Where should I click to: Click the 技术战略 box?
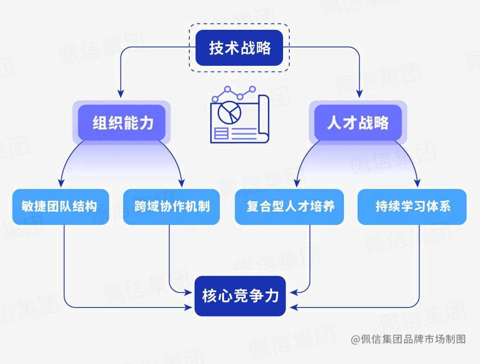(240, 48)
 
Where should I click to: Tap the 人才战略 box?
(358, 123)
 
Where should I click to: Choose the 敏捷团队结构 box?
(60, 207)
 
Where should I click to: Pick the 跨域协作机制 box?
(172, 207)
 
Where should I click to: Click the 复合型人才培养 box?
(289, 207)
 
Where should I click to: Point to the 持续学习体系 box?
(412, 207)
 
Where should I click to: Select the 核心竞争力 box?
(240, 296)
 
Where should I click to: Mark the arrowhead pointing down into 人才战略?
(360, 94)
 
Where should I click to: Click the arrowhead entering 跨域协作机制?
(182, 183)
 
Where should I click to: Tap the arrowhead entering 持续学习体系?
(418, 183)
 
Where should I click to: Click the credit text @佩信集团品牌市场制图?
(408, 340)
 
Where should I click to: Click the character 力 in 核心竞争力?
(272, 296)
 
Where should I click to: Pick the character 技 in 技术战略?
(216, 48)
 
